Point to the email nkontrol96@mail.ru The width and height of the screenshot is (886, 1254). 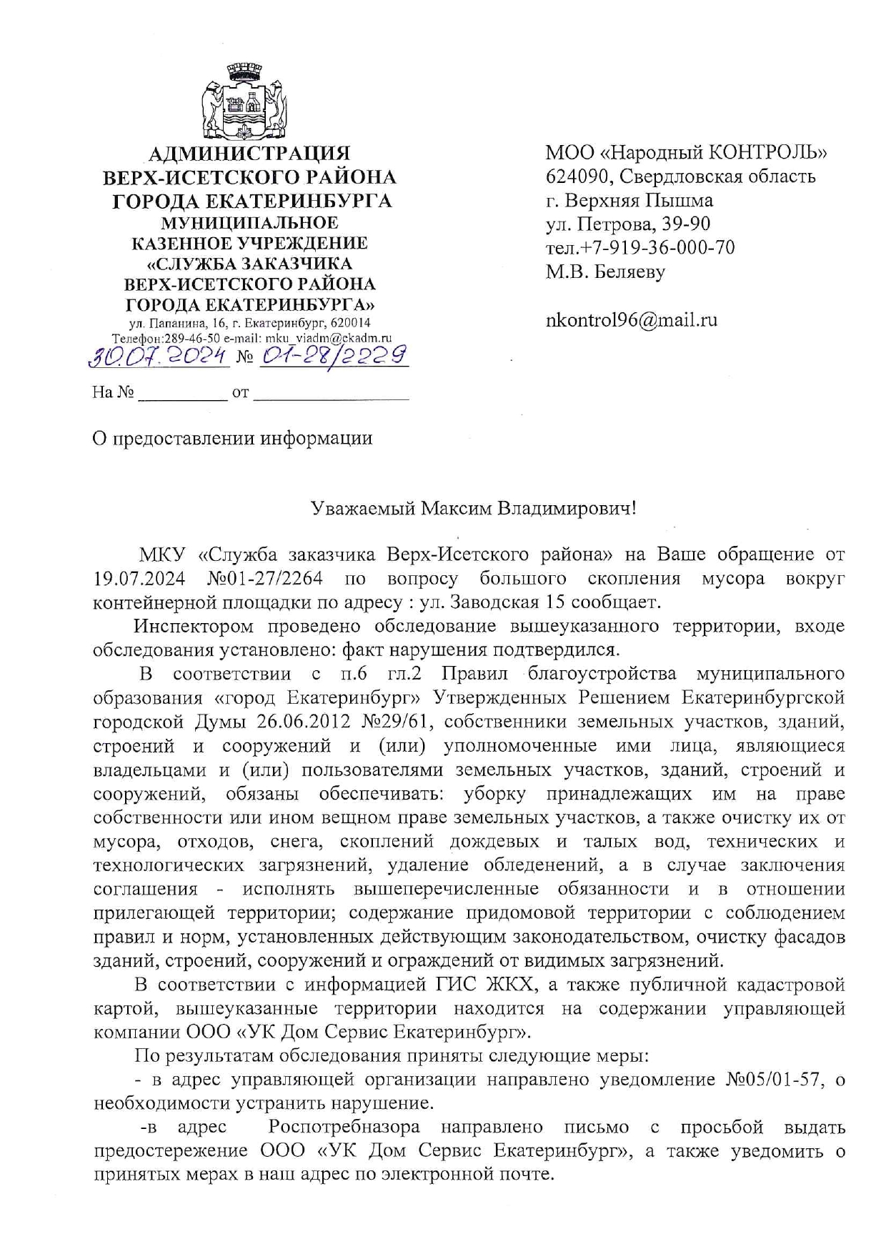pyautogui.click(x=631, y=319)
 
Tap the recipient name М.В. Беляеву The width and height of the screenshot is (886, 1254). pyautogui.click(x=605, y=272)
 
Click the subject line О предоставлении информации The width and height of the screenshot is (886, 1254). pyautogui.click(x=233, y=438)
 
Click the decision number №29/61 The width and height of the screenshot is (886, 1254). pyautogui.click(x=397, y=722)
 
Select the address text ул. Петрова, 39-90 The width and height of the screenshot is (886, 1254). pyautogui.click(x=628, y=224)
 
